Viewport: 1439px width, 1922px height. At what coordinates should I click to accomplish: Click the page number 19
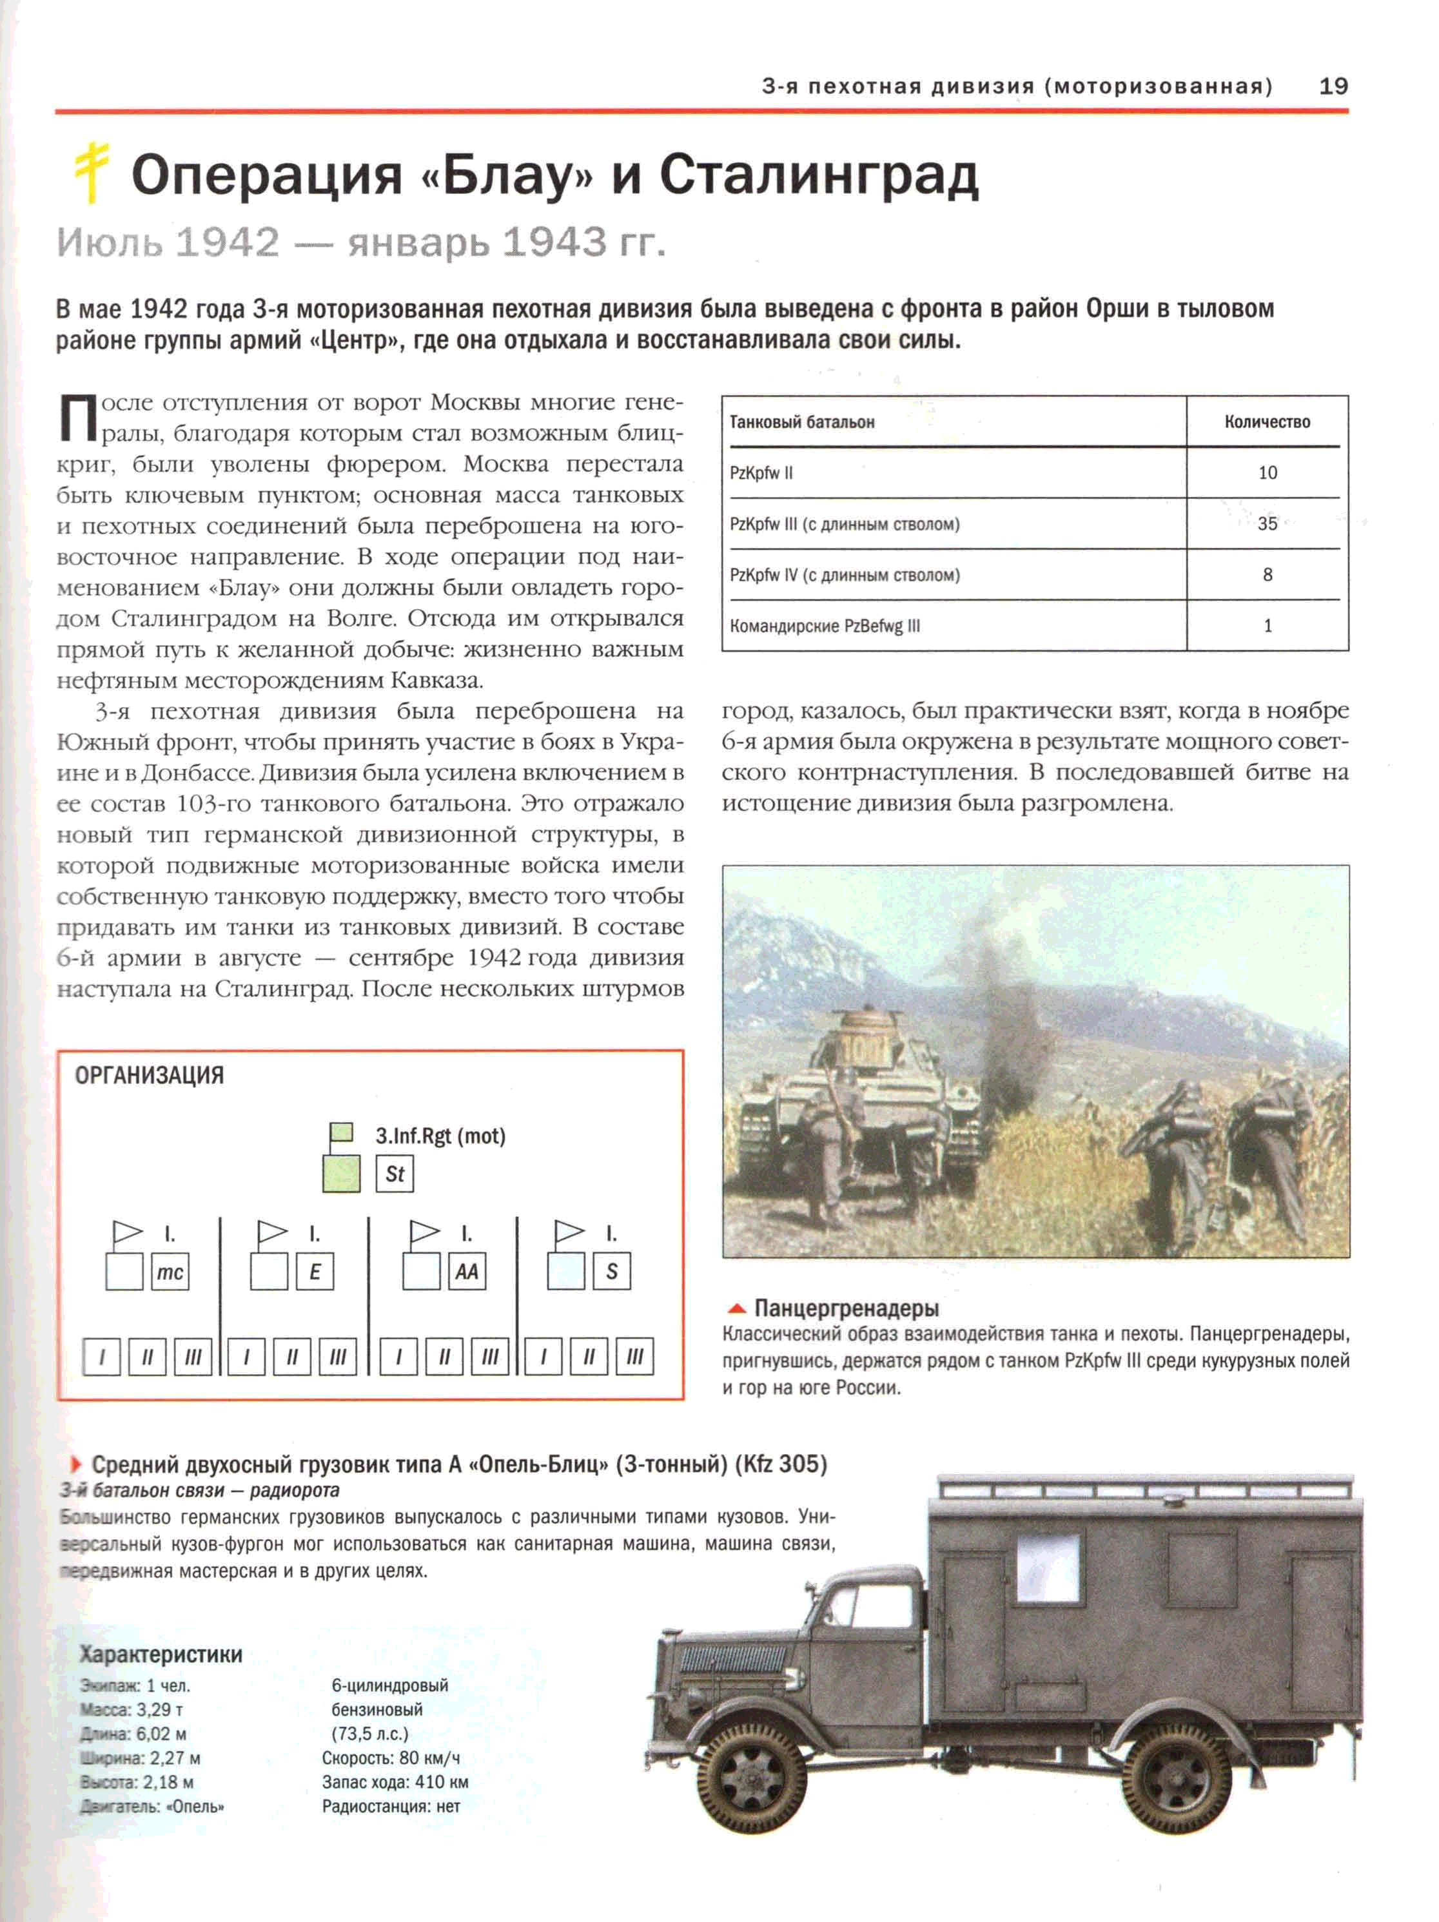1332,86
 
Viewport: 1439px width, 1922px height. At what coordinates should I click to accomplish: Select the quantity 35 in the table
1267,523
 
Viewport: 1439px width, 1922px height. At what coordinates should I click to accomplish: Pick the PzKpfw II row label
761,472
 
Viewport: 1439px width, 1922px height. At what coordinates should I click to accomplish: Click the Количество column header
1267,422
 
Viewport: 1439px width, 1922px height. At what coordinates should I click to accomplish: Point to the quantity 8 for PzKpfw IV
1267,574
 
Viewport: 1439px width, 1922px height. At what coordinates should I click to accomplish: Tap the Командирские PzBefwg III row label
825,626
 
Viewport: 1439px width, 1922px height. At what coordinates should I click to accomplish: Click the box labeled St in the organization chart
395,1174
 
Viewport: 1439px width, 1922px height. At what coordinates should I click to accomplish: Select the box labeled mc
170,1272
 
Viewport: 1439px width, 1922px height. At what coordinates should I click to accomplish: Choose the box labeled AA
467,1272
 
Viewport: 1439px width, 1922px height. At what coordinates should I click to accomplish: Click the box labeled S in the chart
612,1272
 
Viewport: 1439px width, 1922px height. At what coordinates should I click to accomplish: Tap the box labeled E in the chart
315,1272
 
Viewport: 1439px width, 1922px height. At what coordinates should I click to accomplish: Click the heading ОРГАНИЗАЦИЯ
150,1076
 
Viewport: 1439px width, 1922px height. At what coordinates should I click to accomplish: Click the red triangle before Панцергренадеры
737,1308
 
